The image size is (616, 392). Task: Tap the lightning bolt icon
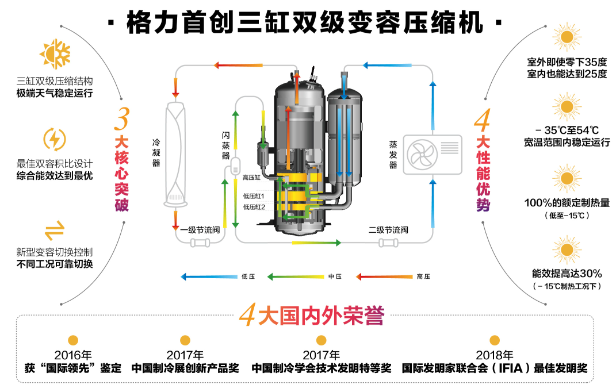point(55,139)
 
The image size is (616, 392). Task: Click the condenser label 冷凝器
point(156,152)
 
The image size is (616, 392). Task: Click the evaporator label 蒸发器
point(393,154)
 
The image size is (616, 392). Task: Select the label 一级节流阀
point(200,230)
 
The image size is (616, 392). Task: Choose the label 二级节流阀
point(388,230)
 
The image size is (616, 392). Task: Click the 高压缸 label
point(252,178)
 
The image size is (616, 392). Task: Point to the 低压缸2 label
point(254,207)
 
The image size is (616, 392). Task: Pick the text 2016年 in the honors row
point(73,355)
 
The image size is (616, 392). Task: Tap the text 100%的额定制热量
point(567,202)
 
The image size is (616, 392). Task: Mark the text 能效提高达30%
point(567,273)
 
